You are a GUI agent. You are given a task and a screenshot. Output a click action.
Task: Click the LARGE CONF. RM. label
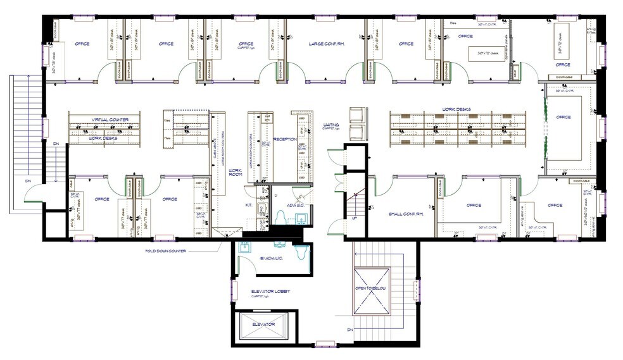(326, 44)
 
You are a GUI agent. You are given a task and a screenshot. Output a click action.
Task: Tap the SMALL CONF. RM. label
(405, 214)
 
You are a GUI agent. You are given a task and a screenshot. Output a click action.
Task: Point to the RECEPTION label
(285, 139)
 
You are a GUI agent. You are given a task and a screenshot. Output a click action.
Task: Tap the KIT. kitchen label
(249, 205)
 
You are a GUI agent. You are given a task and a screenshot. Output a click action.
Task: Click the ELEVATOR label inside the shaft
(263, 324)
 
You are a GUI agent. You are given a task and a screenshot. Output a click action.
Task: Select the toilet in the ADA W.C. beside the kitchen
(280, 218)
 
